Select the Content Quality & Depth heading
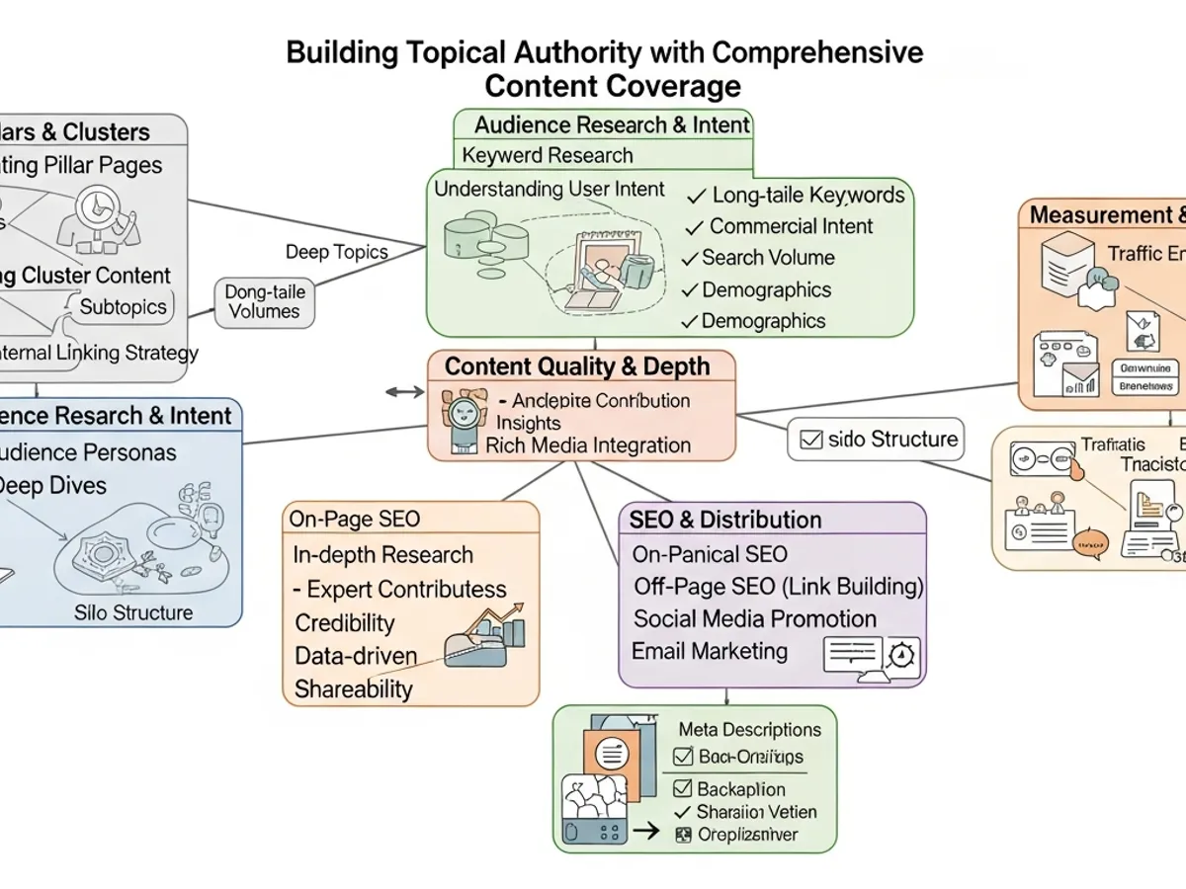pos(577,366)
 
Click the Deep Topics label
pos(336,252)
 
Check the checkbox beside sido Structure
pos(810,441)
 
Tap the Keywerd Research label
pos(548,155)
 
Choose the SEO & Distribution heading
pos(725,520)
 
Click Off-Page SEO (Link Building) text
pos(778,587)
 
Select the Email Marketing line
pos(710,651)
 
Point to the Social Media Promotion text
pos(755,619)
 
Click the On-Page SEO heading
pos(354,518)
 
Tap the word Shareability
pos(354,688)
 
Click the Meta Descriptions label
pos(749,730)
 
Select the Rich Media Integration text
pos(588,445)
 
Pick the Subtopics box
pos(124,306)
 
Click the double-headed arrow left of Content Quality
pos(403,392)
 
